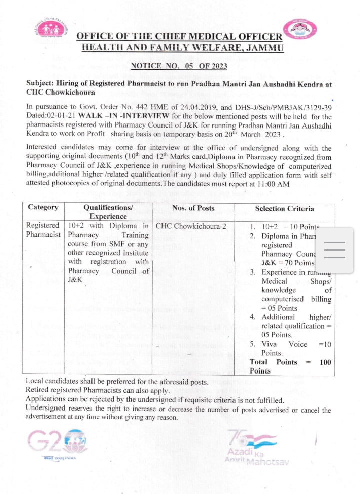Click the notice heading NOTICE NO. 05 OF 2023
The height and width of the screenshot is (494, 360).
point(179,65)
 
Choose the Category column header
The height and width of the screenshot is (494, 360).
point(43,208)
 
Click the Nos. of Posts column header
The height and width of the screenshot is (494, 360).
point(193,208)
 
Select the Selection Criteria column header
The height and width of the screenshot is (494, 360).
point(285,208)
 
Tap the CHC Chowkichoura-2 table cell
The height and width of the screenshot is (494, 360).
point(191,226)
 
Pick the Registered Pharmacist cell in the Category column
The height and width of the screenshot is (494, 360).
point(44,230)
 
